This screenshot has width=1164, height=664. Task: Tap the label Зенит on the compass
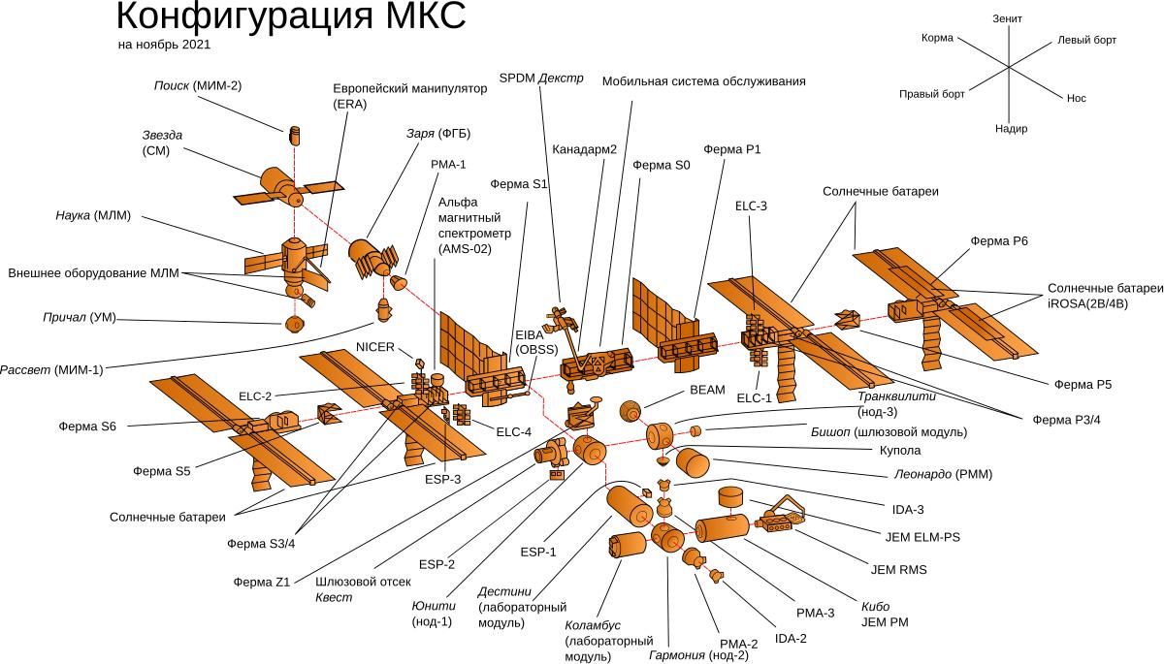[1007, 18]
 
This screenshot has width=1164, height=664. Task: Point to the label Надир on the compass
[1011, 129]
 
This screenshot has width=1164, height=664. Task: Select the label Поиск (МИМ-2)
[198, 85]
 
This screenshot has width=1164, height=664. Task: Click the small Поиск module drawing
[295, 135]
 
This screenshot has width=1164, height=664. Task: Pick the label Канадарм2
[584, 149]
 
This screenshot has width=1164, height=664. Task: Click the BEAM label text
[707, 390]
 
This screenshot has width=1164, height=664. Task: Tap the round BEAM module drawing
[630, 411]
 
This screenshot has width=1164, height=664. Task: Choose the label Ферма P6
[999, 241]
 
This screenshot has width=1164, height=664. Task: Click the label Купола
[900, 451]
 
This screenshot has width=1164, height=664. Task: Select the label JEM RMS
[898, 570]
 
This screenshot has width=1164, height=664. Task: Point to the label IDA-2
[791, 639]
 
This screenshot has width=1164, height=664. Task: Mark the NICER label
[375, 347]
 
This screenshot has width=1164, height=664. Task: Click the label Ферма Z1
[261, 583]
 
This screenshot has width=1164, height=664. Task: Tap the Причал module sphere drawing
[295, 325]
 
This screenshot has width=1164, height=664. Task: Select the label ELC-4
[513, 432]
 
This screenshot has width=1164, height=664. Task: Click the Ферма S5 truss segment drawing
[330, 414]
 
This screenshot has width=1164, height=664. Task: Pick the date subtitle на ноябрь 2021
[164, 45]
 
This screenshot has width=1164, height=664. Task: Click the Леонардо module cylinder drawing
[693, 462]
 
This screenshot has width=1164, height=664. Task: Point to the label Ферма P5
[1083, 385]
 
